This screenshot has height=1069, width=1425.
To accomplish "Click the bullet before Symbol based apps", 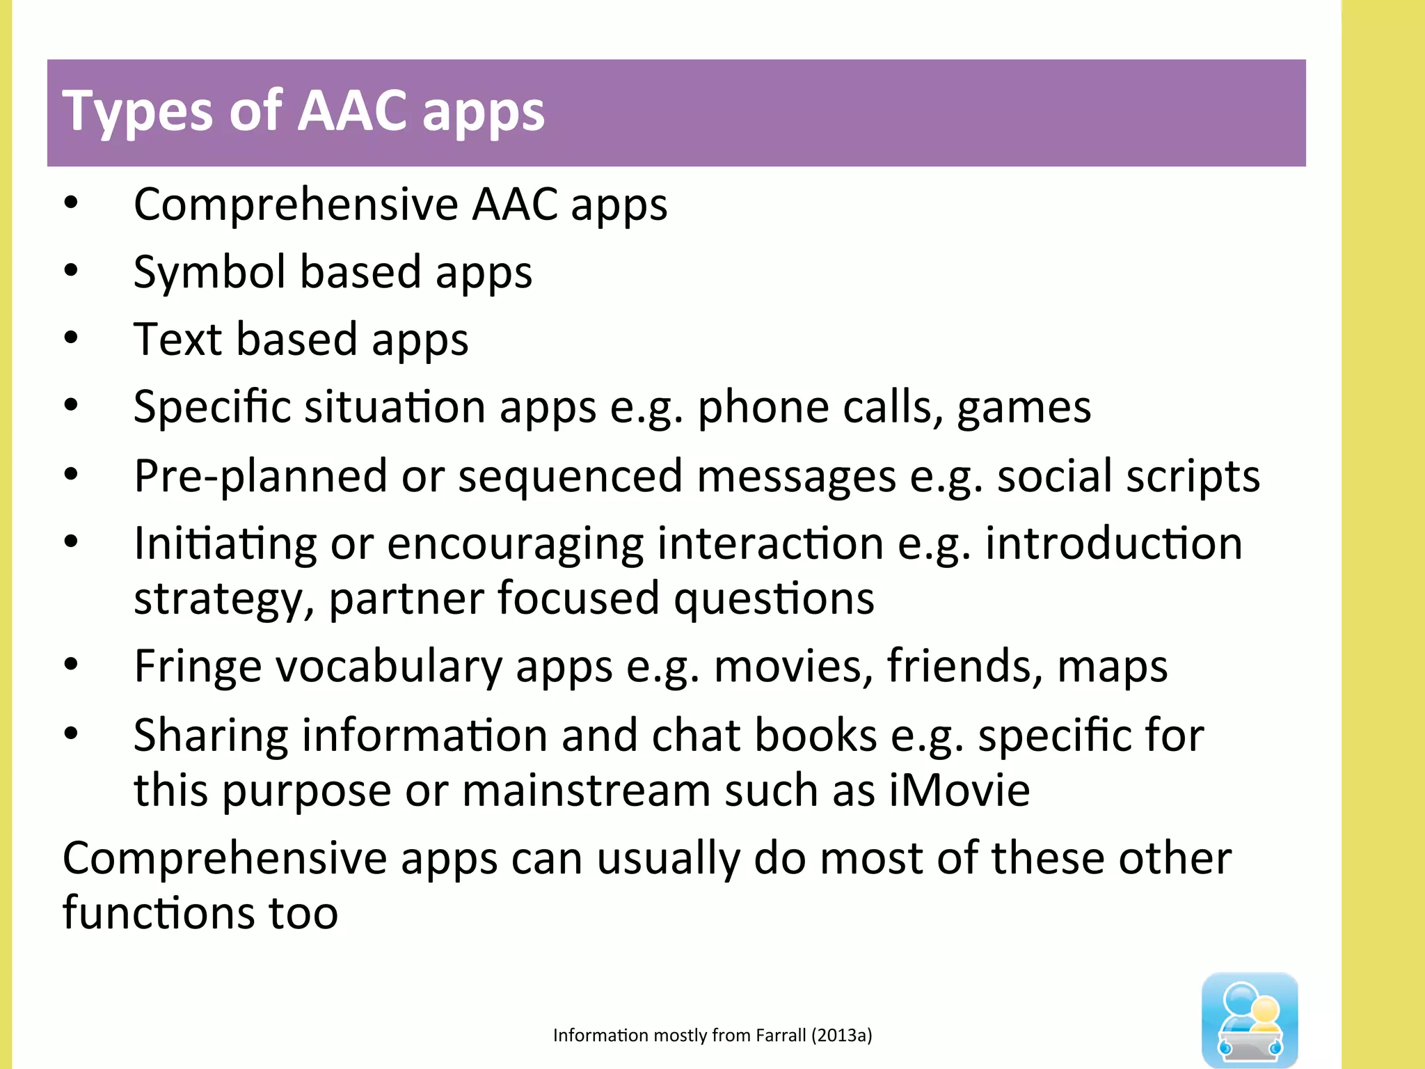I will click(71, 270).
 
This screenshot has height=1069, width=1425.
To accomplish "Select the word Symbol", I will click(209, 271).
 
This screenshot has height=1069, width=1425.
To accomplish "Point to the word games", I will click(1024, 408).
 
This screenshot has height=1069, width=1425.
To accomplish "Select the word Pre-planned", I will click(260, 477).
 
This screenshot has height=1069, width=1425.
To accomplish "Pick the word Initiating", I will click(225, 544).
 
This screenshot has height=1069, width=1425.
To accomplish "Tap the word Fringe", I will click(198, 667).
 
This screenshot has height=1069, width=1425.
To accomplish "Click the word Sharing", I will click(210, 736).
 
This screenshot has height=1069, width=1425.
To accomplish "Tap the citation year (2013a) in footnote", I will click(841, 1036).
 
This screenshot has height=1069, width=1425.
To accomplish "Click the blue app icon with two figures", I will click(1250, 1019).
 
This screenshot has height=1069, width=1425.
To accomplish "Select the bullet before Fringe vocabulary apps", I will click(71, 665).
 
